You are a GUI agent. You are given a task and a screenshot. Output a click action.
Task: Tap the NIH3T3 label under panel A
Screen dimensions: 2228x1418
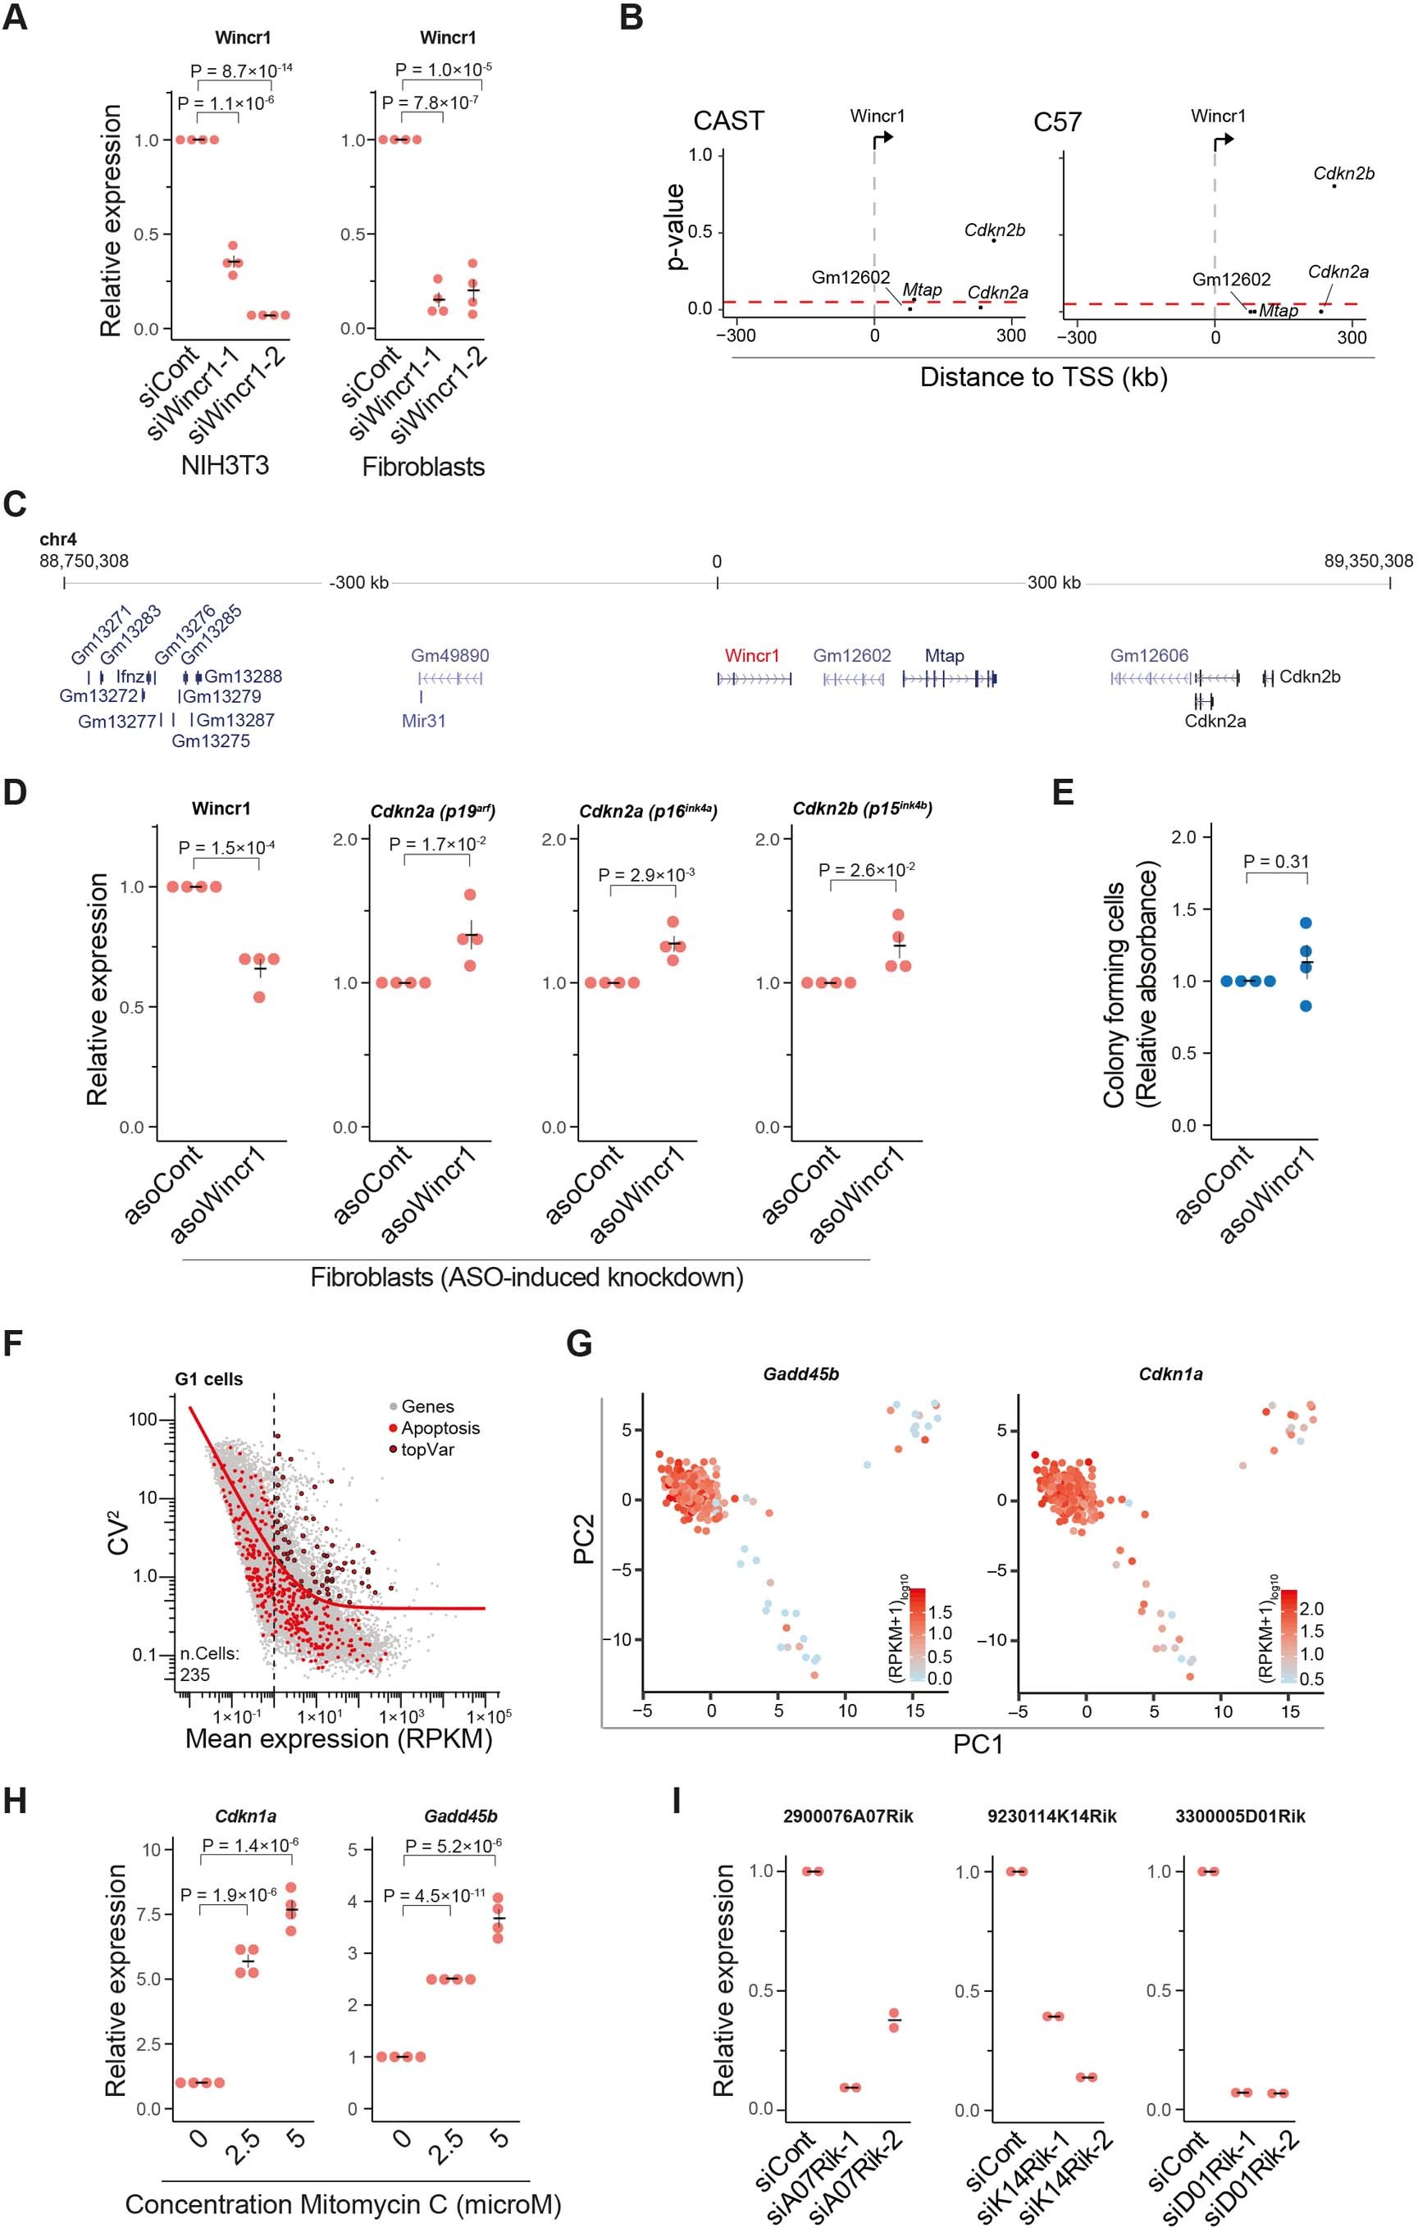[224, 464]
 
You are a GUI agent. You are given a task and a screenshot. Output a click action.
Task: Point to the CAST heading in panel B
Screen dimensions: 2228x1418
[728, 121]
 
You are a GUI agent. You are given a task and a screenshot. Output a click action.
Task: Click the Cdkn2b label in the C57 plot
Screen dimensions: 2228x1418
[1343, 173]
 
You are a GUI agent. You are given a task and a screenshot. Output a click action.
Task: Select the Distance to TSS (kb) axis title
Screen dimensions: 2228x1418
[1043, 377]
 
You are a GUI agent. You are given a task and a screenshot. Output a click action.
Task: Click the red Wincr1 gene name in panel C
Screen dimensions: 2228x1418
[751, 656]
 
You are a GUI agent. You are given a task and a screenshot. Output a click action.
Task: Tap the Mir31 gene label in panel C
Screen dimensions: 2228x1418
[423, 720]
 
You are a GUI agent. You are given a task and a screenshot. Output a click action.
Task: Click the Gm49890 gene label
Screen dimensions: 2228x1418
[449, 656]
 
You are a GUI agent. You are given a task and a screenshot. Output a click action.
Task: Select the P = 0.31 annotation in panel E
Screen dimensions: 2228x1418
[1275, 861]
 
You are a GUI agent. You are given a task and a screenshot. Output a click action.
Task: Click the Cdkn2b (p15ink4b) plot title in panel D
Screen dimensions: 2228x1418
[862, 809]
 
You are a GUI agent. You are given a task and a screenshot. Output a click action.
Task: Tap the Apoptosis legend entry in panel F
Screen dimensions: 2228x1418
[440, 1428]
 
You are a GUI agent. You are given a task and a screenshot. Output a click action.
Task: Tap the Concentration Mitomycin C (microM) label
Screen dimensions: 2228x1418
[343, 2205]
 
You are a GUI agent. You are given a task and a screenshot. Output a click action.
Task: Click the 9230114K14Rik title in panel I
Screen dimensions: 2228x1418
[1051, 1816]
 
